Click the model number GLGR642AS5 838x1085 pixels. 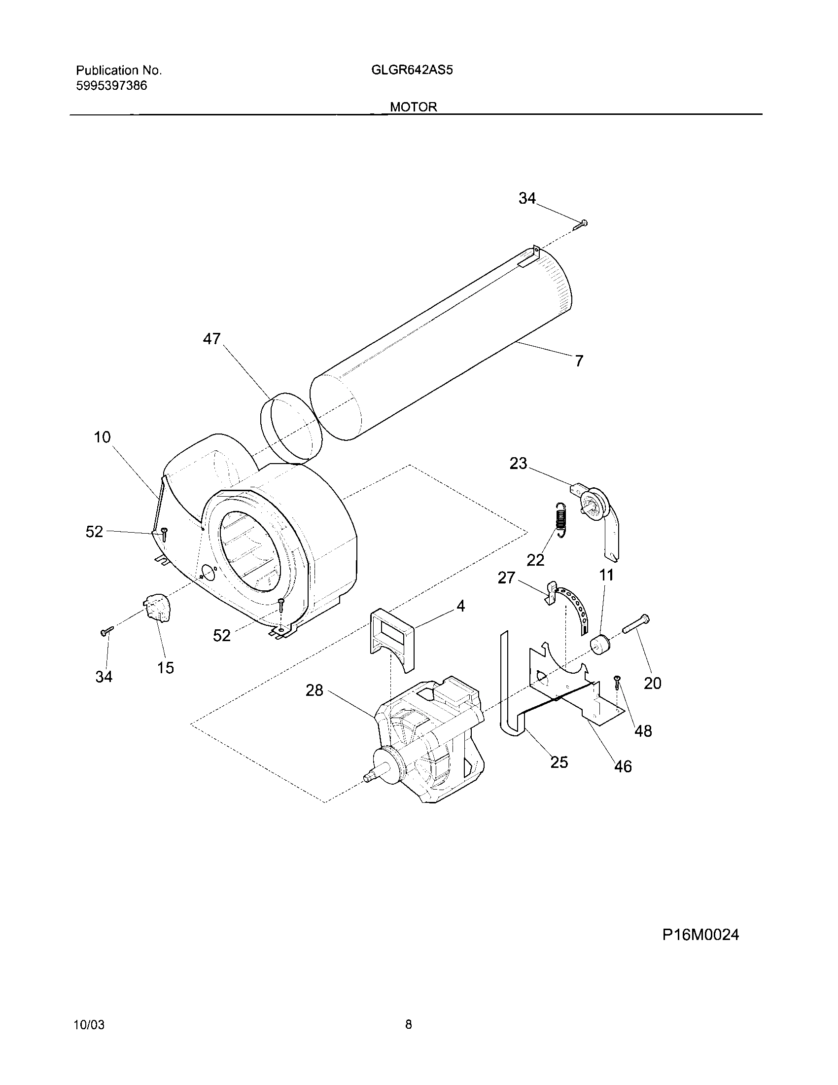pos(412,70)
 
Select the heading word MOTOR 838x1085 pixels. pos(414,107)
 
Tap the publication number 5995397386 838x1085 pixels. pos(112,85)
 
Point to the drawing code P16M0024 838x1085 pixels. pos(700,935)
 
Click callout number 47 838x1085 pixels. pos(211,339)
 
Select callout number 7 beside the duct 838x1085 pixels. pos(579,361)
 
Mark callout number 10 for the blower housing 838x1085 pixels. pos(102,437)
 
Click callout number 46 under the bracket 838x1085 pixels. pos(623,766)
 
